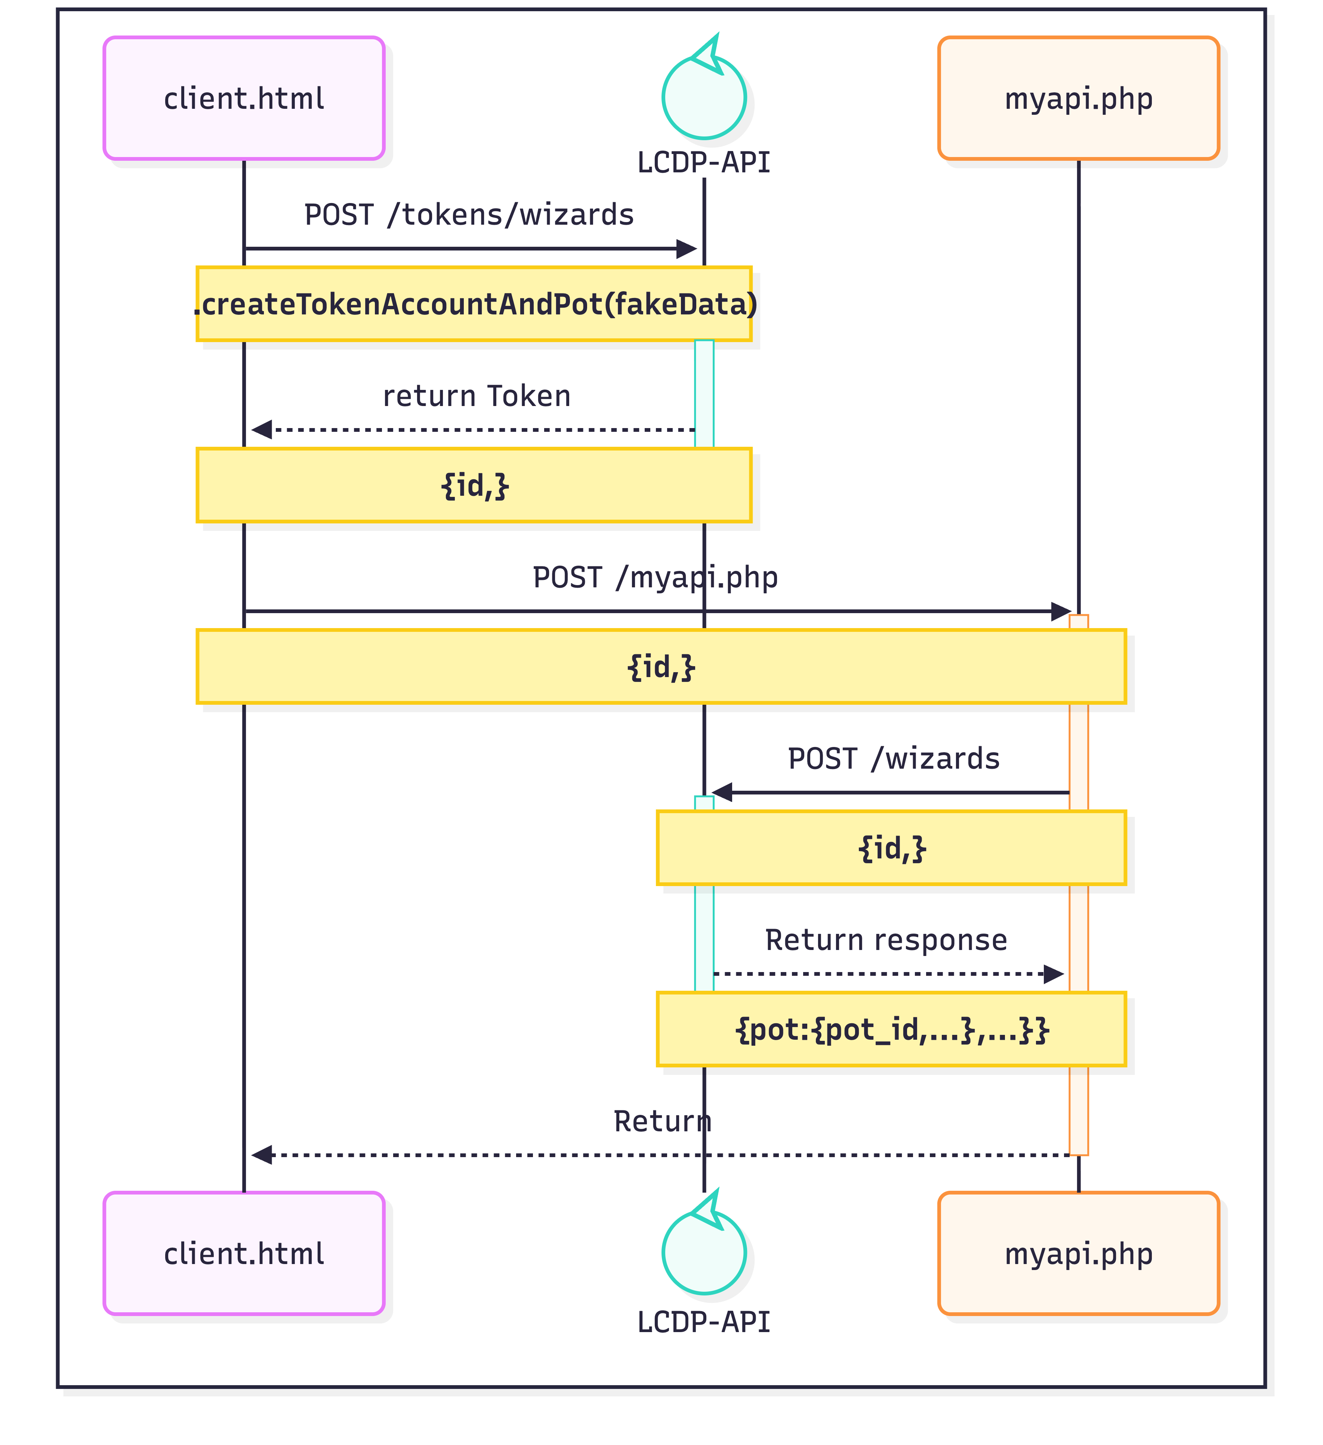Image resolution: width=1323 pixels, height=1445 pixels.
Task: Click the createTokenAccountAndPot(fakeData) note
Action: click(x=474, y=304)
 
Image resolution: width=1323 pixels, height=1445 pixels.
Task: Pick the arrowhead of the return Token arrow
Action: click(x=261, y=430)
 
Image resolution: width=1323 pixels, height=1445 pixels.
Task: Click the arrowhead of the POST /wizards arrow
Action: click(x=722, y=793)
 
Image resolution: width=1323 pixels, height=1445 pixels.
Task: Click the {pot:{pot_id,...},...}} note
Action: click(x=892, y=1029)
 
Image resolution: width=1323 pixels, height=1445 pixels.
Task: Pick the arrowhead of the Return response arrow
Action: click(x=1054, y=974)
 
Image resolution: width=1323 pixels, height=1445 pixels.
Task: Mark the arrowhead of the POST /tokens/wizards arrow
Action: click(x=687, y=249)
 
